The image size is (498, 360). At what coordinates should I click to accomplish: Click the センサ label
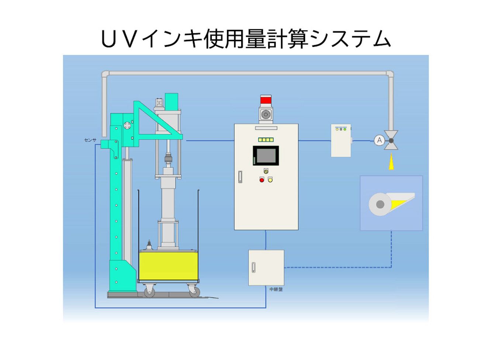tap(90, 140)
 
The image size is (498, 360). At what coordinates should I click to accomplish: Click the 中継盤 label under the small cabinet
tap(276, 289)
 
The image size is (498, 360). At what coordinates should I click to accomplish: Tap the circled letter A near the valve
tap(379, 140)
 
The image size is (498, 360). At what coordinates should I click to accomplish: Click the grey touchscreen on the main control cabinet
tap(266, 155)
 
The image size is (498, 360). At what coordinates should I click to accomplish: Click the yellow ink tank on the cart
tap(168, 266)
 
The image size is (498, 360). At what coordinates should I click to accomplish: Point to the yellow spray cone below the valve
tap(391, 161)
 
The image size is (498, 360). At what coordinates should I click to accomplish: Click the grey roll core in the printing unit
tap(380, 204)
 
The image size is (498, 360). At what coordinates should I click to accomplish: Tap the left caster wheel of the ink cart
tap(149, 291)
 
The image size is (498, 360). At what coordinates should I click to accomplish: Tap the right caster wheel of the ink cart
tap(195, 291)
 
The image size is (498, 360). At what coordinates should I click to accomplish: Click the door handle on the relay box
tap(253, 267)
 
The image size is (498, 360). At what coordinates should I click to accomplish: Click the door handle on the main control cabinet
tap(240, 177)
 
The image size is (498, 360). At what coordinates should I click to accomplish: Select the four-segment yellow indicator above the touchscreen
tap(266, 140)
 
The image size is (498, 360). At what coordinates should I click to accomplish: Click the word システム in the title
tap(350, 39)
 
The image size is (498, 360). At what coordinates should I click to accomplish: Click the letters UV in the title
tap(119, 39)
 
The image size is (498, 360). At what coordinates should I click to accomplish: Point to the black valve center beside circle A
tap(391, 141)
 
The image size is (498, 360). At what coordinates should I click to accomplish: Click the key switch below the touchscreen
tap(266, 171)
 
